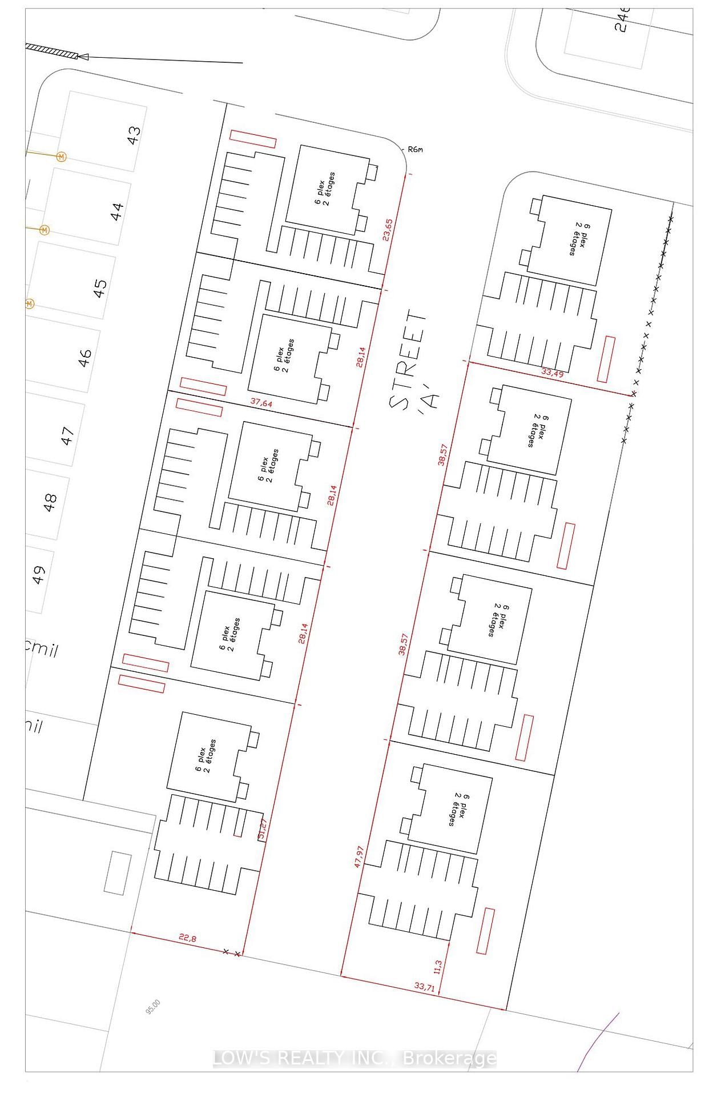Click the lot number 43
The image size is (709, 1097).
click(133, 135)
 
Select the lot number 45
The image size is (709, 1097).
click(100, 287)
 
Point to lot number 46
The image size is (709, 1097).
click(84, 358)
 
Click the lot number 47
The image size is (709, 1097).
click(67, 436)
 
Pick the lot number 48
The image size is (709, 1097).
click(51, 503)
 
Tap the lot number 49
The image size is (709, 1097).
click(38, 575)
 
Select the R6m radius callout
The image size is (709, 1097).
click(415, 150)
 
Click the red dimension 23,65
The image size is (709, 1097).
click(388, 230)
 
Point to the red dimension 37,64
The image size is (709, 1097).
click(261, 403)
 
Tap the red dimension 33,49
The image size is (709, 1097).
click(552, 373)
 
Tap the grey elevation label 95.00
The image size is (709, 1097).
click(153, 1007)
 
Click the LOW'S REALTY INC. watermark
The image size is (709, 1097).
click(354, 1058)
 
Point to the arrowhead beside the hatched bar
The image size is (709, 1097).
click(83, 56)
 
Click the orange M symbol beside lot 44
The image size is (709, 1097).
click(45, 230)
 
